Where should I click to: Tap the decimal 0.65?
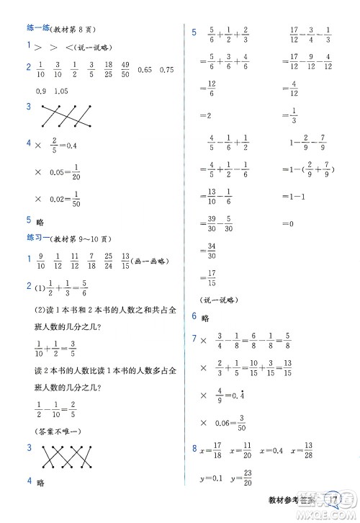[145, 69]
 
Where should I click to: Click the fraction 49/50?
[125, 69]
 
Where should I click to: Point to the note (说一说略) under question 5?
[219, 299]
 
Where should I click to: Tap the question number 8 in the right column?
[194, 451]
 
